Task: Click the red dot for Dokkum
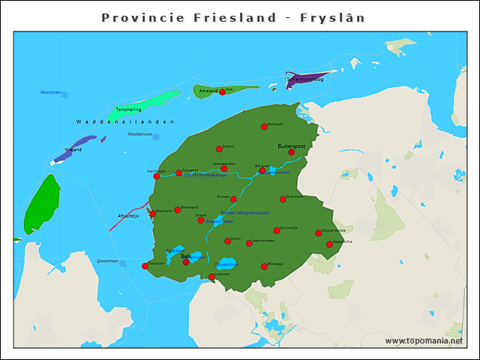[x=264, y=127]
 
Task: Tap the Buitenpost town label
[x=292, y=145]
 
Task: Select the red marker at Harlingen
[x=157, y=176]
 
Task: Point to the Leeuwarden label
[x=224, y=163]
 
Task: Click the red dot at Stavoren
[x=145, y=266]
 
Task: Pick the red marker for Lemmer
[x=211, y=277]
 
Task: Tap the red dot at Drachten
[x=283, y=199]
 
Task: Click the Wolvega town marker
[x=264, y=266]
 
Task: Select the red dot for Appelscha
[x=329, y=244]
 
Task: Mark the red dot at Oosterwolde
[x=318, y=233]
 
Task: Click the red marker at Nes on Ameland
[x=222, y=91]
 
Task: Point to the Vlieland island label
[x=73, y=149]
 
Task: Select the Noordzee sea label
[x=50, y=92]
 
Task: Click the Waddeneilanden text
[x=124, y=121]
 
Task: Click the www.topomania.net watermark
[x=424, y=340]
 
